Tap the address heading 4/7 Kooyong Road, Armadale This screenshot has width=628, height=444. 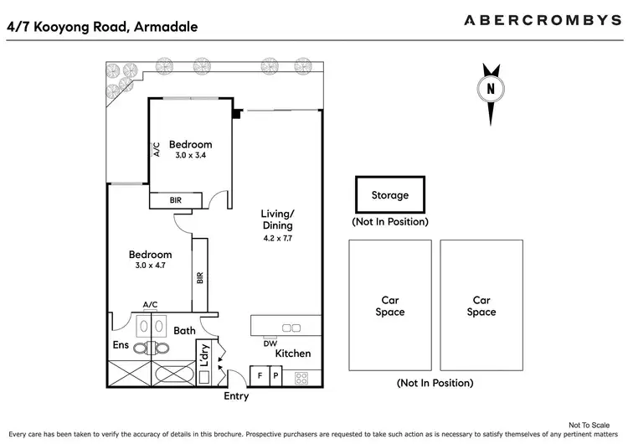[x=102, y=26]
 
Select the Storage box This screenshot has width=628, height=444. [x=389, y=195]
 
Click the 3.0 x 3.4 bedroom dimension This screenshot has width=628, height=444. [x=189, y=155]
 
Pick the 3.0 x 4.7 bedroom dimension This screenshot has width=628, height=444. [x=150, y=266]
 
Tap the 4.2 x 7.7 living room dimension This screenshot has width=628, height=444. [x=277, y=238]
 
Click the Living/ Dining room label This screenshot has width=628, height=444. [x=277, y=219]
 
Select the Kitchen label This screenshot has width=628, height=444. [x=292, y=354]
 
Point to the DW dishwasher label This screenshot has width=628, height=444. [x=270, y=343]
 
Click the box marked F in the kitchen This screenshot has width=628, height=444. [x=260, y=377]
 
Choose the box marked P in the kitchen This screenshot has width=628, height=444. [x=276, y=377]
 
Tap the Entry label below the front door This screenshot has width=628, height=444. [x=236, y=396]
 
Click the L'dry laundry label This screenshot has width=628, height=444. [x=203, y=355]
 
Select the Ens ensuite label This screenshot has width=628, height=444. [x=121, y=344]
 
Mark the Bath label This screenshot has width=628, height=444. [x=184, y=331]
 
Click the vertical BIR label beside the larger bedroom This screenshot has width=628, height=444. [x=200, y=277]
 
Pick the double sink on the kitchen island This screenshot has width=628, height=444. [x=291, y=327]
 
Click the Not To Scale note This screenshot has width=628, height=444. [x=591, y=425]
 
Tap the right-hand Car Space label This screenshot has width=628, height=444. [x=481, y=306]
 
